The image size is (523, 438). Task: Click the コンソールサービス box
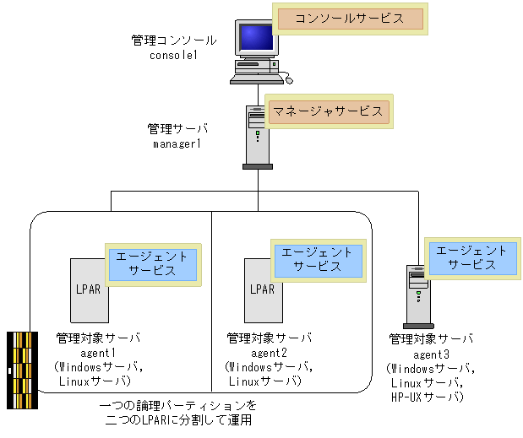pyautogui.click(x=350, y=19)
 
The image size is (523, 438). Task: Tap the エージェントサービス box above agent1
pyautogui.click(x=152, y=264)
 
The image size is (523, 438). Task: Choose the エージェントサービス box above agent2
pyautogui.click(x=317, y=259)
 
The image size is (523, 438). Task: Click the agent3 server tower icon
pyautogui.click(x=417, y=295)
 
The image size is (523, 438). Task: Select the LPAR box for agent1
pyautogui.click(x=88, y=288)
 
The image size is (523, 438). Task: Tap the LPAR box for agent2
pyautogui.click(x=262, y=288)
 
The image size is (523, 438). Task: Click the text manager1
pyautogui.click(x=177, y=144)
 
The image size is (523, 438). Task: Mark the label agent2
pyautogui.click(x=270, y=353)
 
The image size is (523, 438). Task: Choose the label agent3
pyautogui.click(x=431, y=354)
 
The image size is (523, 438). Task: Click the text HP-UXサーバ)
pyautogui.click(x=429, y=397)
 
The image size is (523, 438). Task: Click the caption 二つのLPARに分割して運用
pyautogui.click(x=177, y=419)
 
